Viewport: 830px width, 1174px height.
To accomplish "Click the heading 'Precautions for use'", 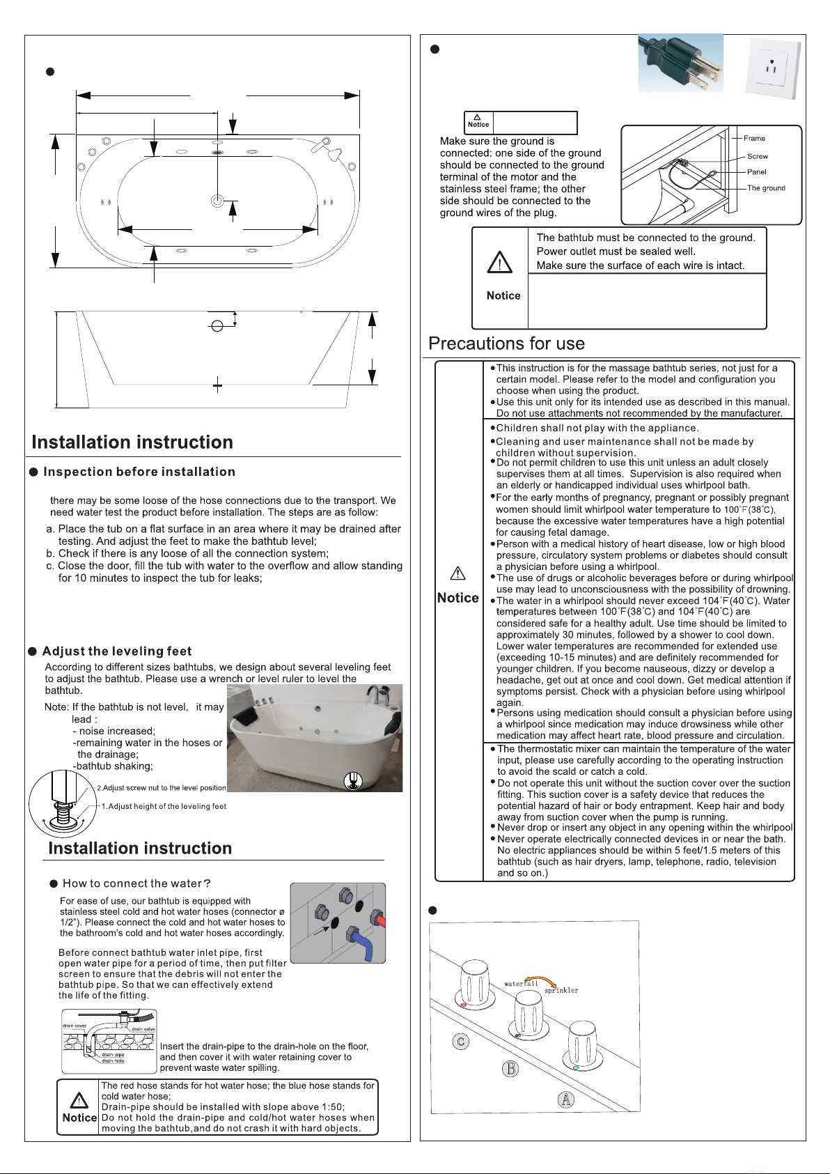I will point(506,343).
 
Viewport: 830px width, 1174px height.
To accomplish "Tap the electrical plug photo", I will point(681,63).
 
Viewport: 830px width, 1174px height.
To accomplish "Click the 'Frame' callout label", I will point(754,138).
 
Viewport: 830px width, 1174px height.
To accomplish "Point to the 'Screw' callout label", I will point(758,156).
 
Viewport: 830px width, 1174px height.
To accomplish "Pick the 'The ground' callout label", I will point(766,188).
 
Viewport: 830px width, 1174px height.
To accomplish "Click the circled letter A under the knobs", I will point(566,1099).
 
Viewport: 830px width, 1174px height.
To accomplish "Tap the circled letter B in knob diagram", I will point(510,1068).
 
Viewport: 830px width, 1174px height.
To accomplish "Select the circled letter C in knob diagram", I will point(460,1041).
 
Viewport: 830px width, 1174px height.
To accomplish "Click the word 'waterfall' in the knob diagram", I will point(521,984).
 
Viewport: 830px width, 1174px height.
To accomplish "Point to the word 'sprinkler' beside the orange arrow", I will point(561,990).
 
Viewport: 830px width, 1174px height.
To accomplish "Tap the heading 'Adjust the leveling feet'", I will point(117,651).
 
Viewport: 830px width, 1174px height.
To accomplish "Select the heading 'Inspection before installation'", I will point(139,472).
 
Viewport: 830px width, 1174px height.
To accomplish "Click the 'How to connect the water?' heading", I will point(136,883).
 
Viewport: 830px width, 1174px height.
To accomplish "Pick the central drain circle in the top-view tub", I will point(217,201).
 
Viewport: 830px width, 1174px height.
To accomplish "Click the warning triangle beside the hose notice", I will point(79,1100).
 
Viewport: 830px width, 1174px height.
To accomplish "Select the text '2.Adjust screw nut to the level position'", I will point(162,788).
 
